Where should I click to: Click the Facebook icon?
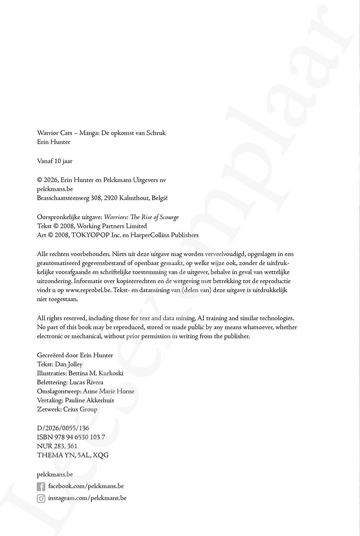point(41,487)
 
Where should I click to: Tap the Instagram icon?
point(41,499)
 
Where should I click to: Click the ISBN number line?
point(71,437)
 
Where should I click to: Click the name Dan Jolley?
point(69,364)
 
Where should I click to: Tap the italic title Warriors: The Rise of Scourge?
point(141,217)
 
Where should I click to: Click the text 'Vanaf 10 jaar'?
point(55,161)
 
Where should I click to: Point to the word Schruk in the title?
point(156,133)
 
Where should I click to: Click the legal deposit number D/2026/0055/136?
point(63,428)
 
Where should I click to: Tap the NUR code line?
point(57,446)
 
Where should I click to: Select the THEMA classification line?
point(72,455)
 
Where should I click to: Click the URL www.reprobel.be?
point(88,290)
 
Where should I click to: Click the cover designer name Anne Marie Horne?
point(108,391)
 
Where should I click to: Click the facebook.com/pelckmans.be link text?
point(86,486)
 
